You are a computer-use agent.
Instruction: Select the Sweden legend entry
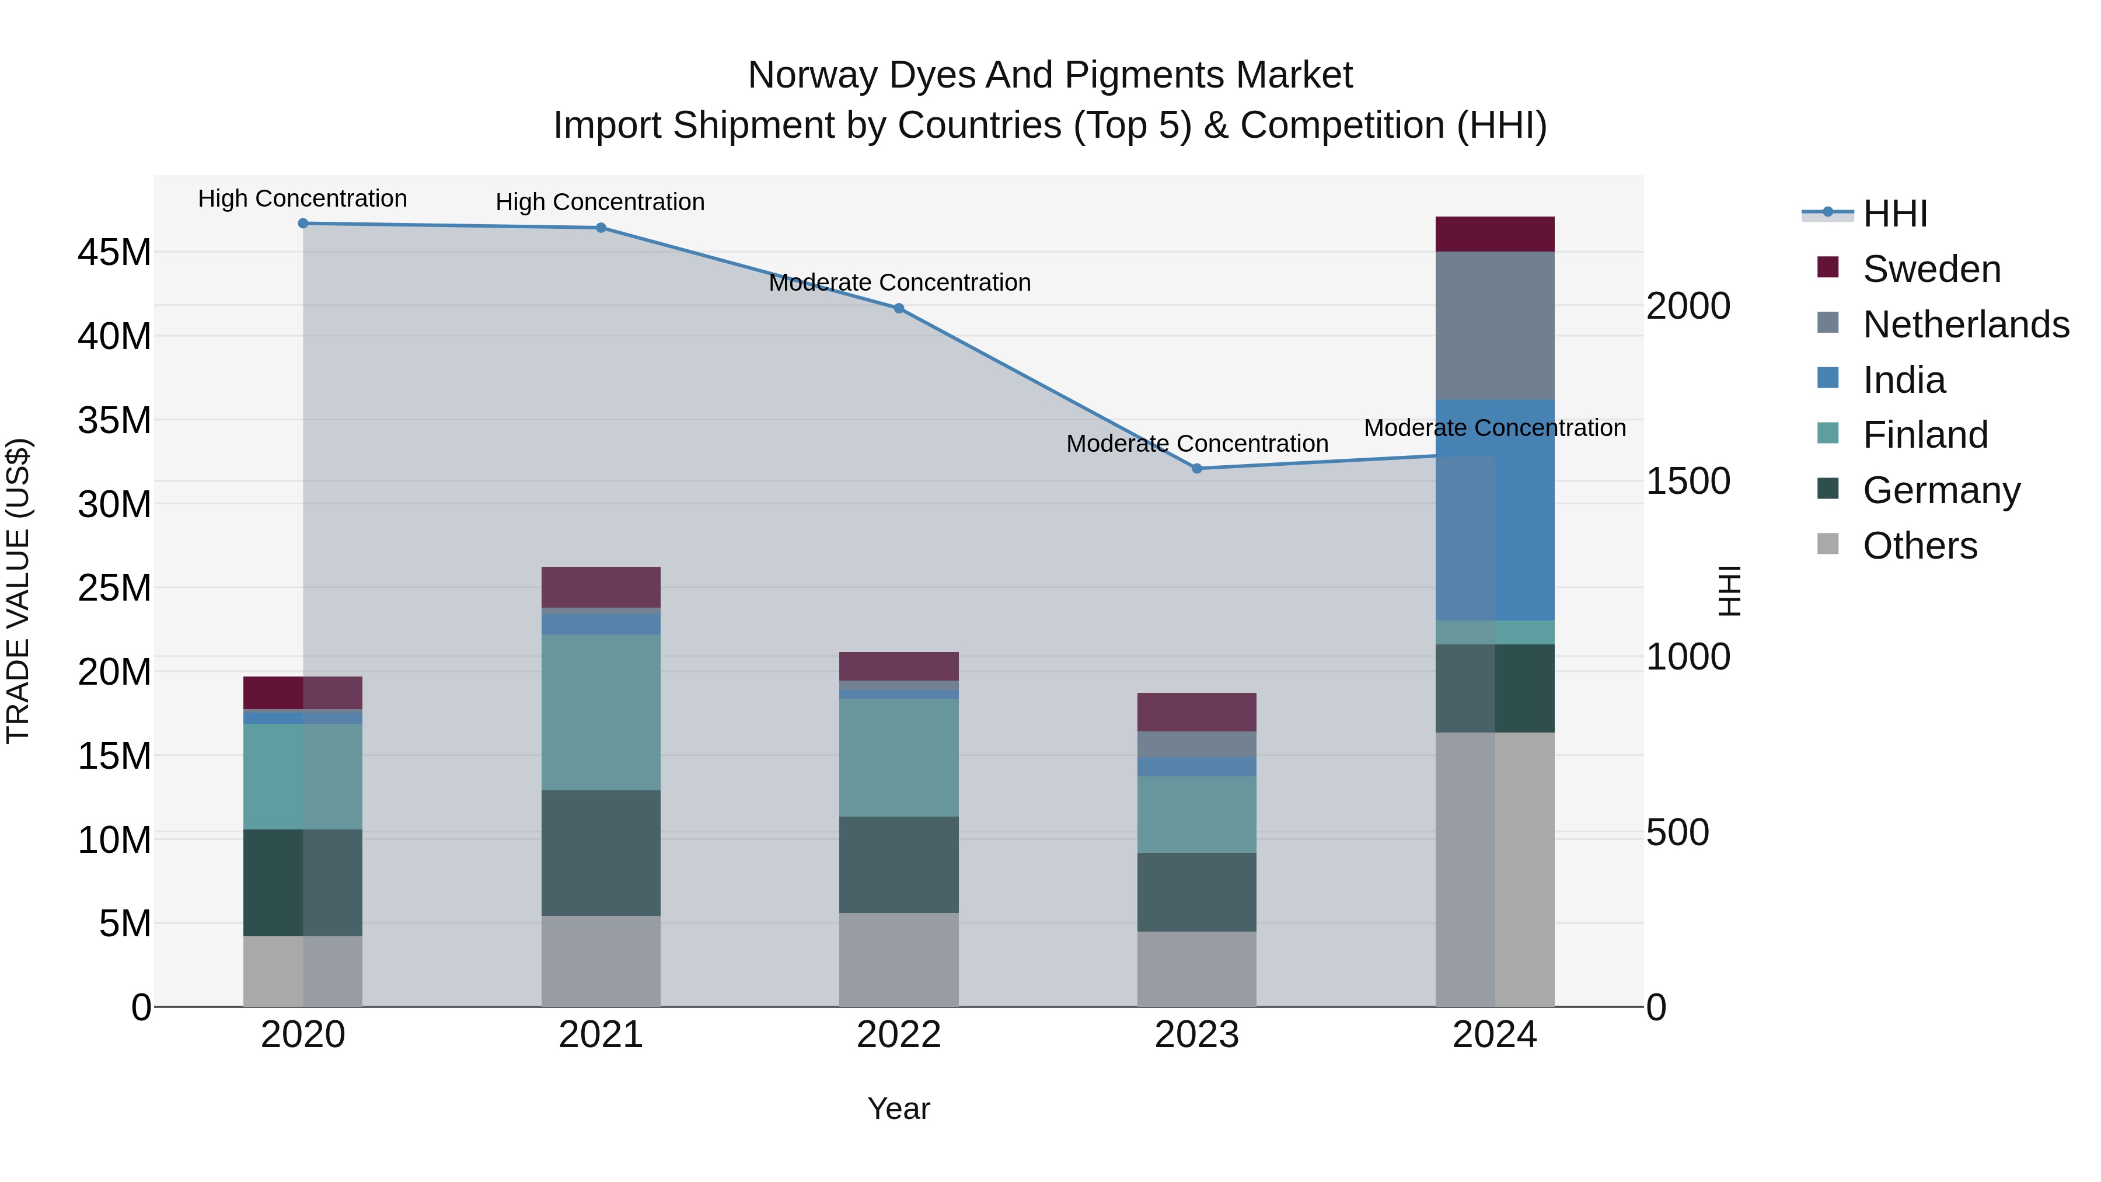(x=1931, y=269)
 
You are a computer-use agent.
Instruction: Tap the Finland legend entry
(x=1925, y=435)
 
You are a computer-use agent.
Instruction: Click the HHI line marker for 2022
(x=899, y=308)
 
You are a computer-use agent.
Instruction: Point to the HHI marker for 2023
(x=1196, y=468)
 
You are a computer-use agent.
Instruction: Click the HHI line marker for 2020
(x=302, y=224)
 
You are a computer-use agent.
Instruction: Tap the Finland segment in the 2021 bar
(x=601, y=712)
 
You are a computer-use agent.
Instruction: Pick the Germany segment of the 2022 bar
(x=899, y=864)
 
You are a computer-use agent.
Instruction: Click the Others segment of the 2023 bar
(x=1196, y=968)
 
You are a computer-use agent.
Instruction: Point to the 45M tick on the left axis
(x=114, y=253)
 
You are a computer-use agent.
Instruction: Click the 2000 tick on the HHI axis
(x=1687, y=306)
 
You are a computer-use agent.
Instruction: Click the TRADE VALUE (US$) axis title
(x=18, y=591)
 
